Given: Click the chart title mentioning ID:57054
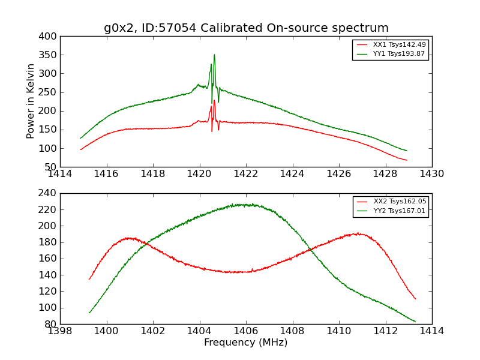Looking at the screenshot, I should point(246,28).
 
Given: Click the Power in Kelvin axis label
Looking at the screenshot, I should point(31,101).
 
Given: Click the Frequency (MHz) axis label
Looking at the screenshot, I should point(246,343).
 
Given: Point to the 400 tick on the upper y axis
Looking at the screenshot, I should point(49,37).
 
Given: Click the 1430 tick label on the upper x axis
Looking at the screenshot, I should point(431,173).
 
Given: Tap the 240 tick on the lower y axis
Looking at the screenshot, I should point(49,193).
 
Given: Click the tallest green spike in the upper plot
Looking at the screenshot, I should point(214,55).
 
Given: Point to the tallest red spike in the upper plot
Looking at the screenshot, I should point(214,101).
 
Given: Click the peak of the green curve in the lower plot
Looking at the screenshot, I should point(243,205).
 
